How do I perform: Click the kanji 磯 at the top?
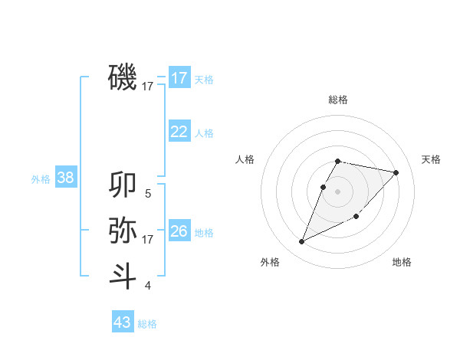(x=123, y=77)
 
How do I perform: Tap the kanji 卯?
(x=123, y=185)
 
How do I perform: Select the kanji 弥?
(x=123, y=229)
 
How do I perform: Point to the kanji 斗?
(x=123, y=275)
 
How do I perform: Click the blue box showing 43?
(x=123, y=322)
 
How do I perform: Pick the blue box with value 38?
(x=66, y=178)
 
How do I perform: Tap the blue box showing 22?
(x=179, y=132)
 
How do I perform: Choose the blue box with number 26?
(x=179, y=231)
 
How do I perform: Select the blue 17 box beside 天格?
(x=179, y=78)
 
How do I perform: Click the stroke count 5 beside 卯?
(x=148, y=194)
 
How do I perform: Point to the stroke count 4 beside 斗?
(x=148, y=286)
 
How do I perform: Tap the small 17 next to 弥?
(x=148, y=240)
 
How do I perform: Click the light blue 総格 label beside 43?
(x=147, y=324)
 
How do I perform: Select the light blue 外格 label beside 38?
(x=41, y=179)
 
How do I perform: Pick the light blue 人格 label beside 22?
(x=204, y=133)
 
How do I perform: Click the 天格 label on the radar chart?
(x=432, y=159)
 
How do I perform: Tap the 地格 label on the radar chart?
(x=402, y=262)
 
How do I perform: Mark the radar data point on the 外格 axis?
(x=302, y=241)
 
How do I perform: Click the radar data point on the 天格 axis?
(x=396, y=172)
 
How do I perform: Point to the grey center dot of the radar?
(x=337, y=191)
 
